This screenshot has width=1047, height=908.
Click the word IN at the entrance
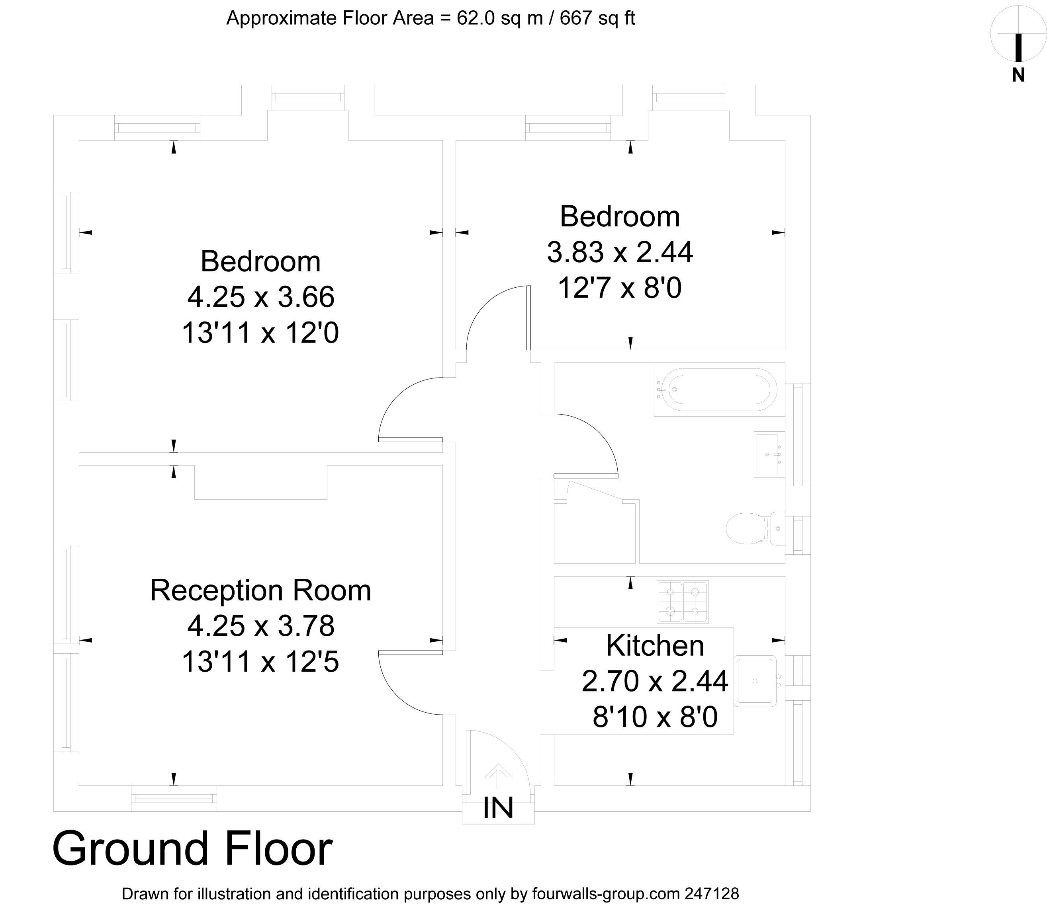(498, 807)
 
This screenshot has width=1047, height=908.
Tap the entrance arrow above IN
(498, 775)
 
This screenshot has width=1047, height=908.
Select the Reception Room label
(260, 590)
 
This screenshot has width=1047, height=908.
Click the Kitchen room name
(655, 645)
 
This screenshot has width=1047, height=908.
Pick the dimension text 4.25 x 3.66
(260, 297)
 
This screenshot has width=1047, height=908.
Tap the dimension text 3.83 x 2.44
(620, 252)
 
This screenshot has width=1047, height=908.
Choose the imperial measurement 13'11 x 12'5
(260, 662)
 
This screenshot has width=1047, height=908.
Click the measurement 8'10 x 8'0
(655, 717)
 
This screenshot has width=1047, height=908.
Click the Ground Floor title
(192, 848)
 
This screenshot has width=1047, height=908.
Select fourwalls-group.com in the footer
(605, 893)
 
